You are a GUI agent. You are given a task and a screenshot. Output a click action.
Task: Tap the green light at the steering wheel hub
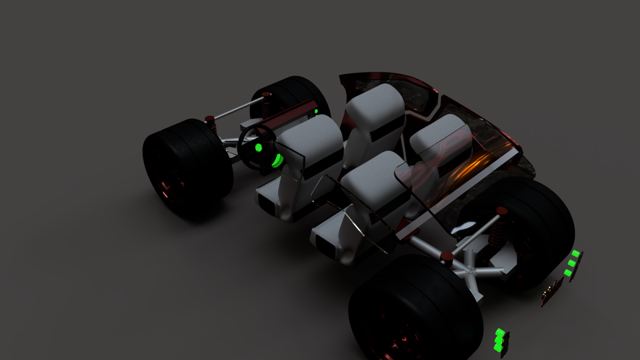tap(259, 147)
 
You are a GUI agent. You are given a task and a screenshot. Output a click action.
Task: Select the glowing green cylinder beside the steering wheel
tap(276, 160)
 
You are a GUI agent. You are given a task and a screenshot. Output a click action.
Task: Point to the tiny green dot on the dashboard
tap(317, 111)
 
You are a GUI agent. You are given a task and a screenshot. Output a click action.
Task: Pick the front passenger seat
tap(375, 110)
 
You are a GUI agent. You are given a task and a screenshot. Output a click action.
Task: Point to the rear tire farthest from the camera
tap(533, 227)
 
